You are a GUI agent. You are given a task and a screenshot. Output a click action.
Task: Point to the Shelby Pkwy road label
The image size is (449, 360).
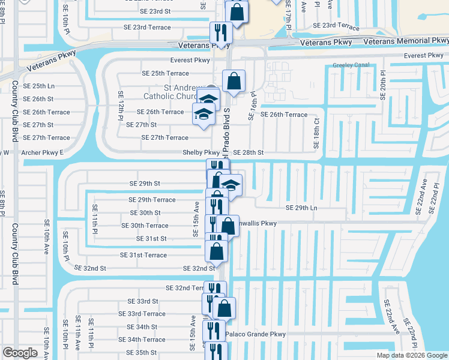tap(201, 153)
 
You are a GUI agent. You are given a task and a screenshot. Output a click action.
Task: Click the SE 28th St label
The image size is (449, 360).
tap(248, 153)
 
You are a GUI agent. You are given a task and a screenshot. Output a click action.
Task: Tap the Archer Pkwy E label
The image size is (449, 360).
tap(42, 152)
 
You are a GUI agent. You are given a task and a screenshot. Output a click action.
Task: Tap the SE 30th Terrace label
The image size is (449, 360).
tap(145, 226)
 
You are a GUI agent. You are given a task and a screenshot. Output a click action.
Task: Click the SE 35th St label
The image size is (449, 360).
tap(142, 353)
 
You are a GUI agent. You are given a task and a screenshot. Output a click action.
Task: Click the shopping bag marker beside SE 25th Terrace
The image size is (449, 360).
tap(234, 81)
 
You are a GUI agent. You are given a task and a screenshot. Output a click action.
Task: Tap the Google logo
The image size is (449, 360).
tap(20, 353)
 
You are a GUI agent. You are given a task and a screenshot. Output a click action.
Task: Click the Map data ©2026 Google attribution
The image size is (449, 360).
tap(412, 355)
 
